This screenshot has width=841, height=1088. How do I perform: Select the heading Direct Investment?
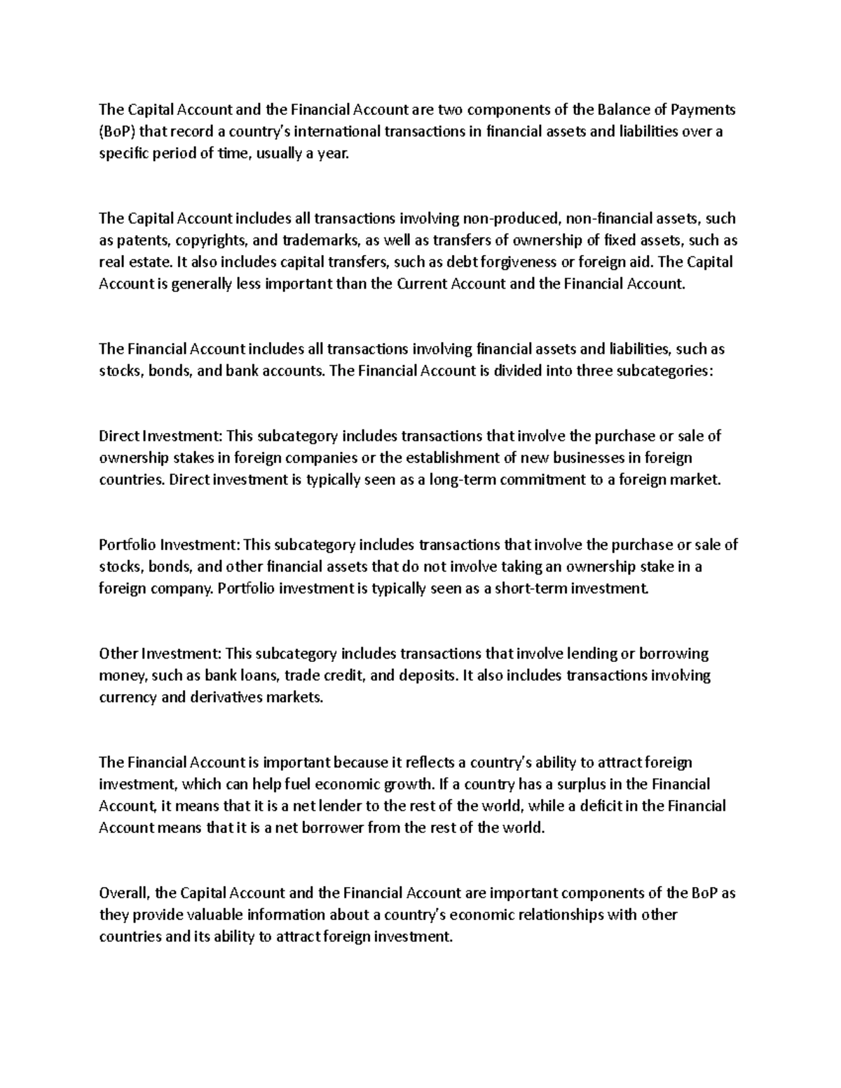pyautogui.click(x=160, y=436)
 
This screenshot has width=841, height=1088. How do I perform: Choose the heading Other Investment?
pyautogui.click(x=160, y=654)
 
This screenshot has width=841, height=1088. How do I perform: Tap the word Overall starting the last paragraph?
pyautogui.click(x=124, y=893)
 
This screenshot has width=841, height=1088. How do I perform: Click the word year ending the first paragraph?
pyautogui.click(x=332, y=154)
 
